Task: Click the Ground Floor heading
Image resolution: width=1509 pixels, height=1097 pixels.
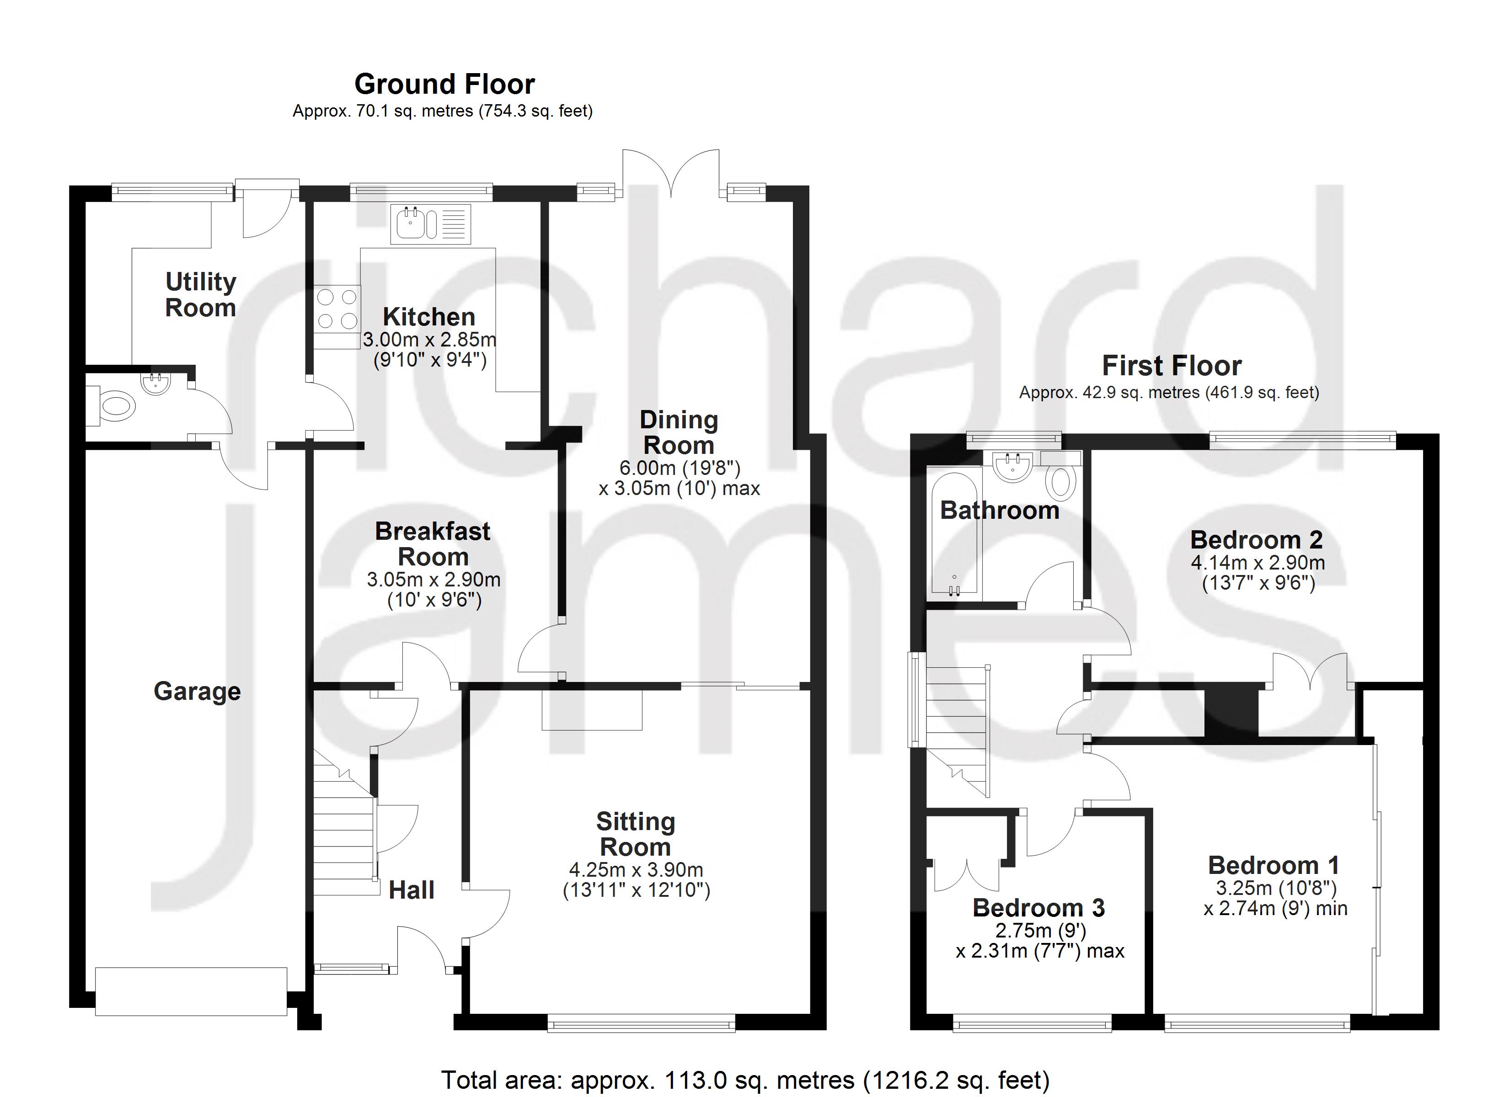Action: (x=444, y=85)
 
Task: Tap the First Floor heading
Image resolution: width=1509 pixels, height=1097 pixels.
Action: (x=1172, y=366)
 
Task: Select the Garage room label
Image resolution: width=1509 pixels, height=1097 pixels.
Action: (x=197, y=692)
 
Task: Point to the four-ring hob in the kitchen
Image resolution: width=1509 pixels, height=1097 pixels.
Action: (x=337, y=308)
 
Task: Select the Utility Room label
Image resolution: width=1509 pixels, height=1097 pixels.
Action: (x=200, y=295)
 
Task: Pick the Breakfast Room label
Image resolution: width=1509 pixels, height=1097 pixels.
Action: (x=433, y=543)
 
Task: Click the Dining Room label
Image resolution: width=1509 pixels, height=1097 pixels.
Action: (x=679, y=432)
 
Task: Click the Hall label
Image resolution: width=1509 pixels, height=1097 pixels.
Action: (x=411, y=890)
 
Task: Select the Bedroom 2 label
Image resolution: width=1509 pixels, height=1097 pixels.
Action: (x=1256, y=539)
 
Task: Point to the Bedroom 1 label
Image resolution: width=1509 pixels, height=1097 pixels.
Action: (x=1274, y=866)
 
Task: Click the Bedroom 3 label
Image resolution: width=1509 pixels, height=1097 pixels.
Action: (x=1038, y=908)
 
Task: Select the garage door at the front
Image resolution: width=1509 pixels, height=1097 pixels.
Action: (x=191, y=991)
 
